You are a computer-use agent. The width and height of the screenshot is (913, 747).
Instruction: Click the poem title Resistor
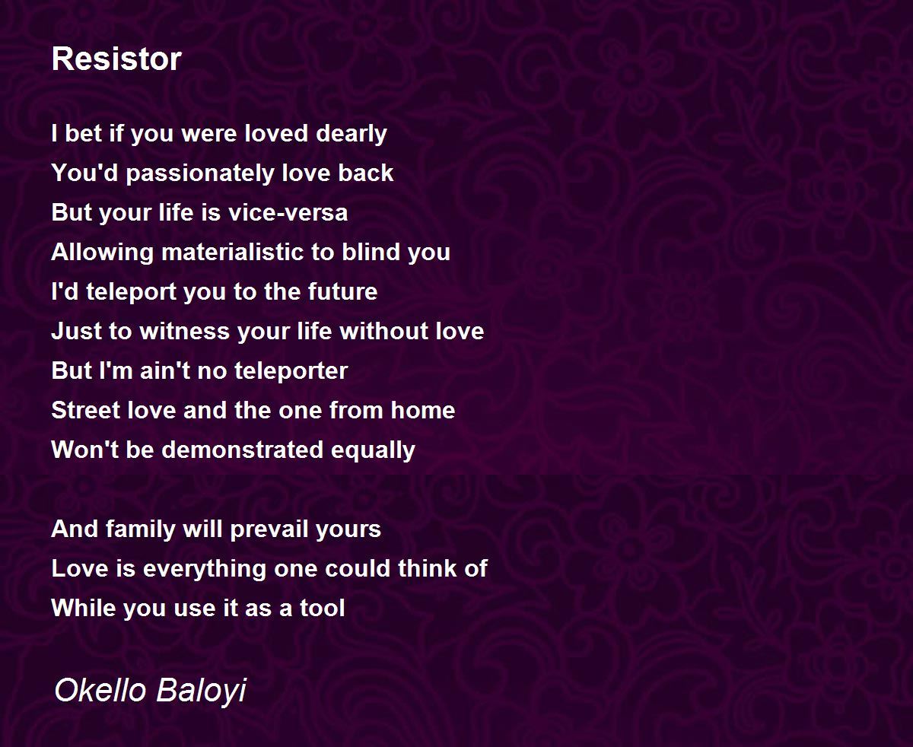tap(116, 59)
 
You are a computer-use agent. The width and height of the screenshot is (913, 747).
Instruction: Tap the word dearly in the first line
tap(351, 134)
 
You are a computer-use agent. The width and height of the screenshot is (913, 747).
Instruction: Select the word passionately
tap(200, 173)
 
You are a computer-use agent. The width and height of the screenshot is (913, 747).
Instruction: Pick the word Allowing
tap(102, 253)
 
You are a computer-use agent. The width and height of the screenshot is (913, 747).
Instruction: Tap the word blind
tap(371, 252)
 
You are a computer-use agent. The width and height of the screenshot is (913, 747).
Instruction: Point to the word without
tap(383, 332)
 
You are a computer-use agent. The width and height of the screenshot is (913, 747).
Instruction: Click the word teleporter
tap(288, 372)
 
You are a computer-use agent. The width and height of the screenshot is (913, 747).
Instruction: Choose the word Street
tap(86, 410)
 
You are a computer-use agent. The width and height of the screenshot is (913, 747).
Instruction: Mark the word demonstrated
tap(243, 450)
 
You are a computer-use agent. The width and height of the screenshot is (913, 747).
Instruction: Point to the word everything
tap(205, 570)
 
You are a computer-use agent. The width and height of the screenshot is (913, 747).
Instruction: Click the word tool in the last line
tap(323, 608)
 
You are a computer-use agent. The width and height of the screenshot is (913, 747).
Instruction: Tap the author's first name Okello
tap(100, 689)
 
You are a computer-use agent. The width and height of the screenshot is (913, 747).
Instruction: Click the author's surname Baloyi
tap(202, 691)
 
